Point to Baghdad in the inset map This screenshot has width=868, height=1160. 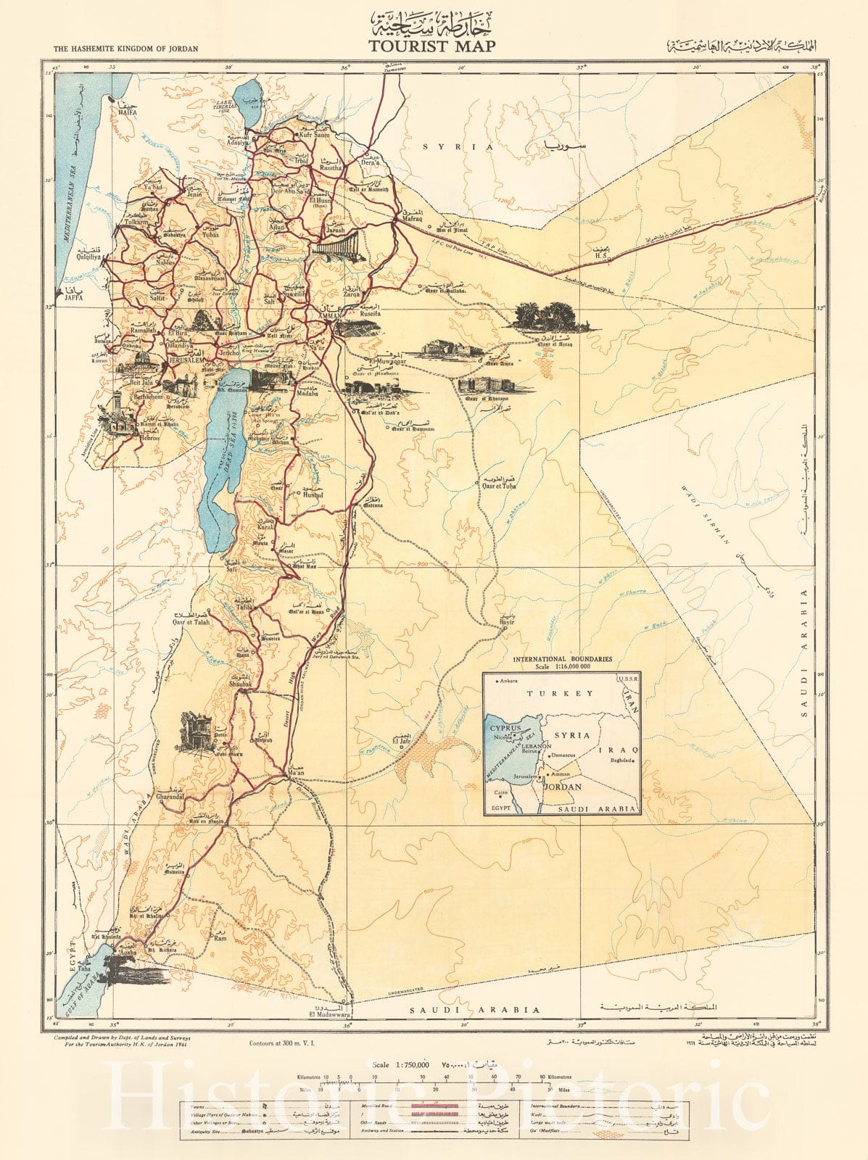pos(621,761)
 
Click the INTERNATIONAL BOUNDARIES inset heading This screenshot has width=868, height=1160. pos(562,659)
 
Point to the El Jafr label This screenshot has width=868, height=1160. pos(401,742)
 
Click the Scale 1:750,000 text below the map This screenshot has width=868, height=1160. pos(400,1065)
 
